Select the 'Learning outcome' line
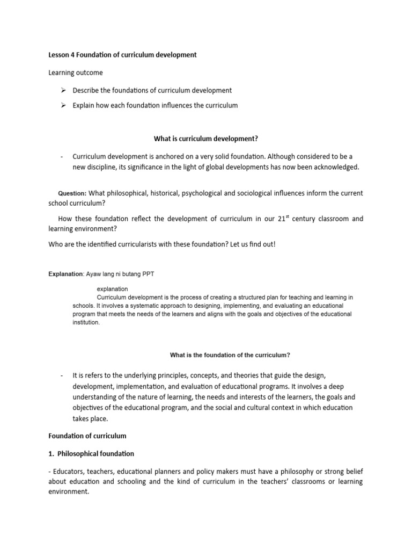click(76, 73)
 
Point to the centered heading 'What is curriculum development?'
click(206, 139)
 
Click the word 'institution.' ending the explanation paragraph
click(86, 323)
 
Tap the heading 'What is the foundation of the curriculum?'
click(230, 355)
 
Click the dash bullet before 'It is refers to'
click(62, 374)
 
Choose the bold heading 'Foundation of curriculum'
click(87, 436)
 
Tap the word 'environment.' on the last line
click(69, 491)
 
